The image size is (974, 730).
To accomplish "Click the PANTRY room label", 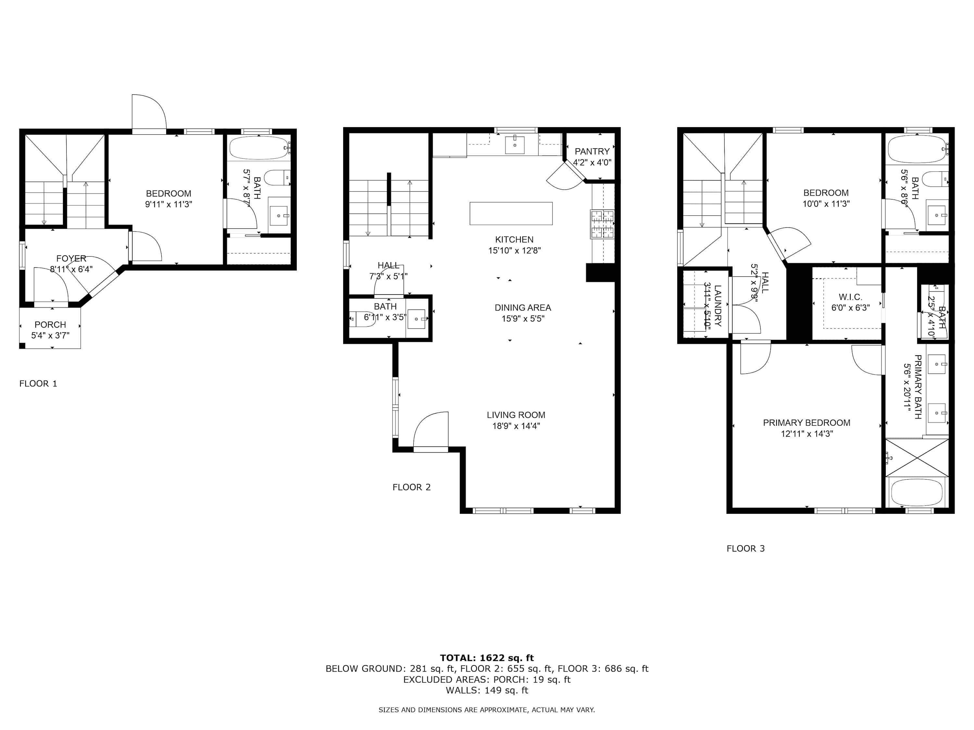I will tap(592, 152).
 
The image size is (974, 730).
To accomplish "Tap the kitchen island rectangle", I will tap(511, 213).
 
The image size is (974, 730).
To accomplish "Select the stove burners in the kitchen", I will tap(602, 224).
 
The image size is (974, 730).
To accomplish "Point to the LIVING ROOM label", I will tap(516, 415).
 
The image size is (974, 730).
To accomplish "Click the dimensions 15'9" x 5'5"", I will tap(523, 319).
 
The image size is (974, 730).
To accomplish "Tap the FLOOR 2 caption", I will tap(411, 487).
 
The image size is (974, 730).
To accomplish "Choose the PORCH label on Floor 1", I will tap(50, 325).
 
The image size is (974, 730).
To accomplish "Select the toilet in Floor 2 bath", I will tap(362, 319).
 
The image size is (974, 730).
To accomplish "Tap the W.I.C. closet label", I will tap(850, 297).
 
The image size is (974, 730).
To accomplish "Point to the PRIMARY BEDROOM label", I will tap(806, 423).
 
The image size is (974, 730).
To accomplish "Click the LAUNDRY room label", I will tap(718, 305).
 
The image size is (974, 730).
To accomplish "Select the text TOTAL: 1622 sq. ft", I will tap(487, 658).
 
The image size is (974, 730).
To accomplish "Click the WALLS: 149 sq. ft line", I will tap(487, 690).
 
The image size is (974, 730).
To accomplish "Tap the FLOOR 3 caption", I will tap(745, 548).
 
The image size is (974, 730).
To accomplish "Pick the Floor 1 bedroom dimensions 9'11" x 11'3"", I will tap(169, 204).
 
